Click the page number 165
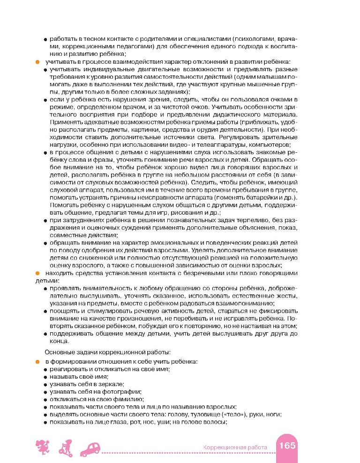[287, 445]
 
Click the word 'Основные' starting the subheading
[59, 351]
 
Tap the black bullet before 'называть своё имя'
[45, 377]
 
